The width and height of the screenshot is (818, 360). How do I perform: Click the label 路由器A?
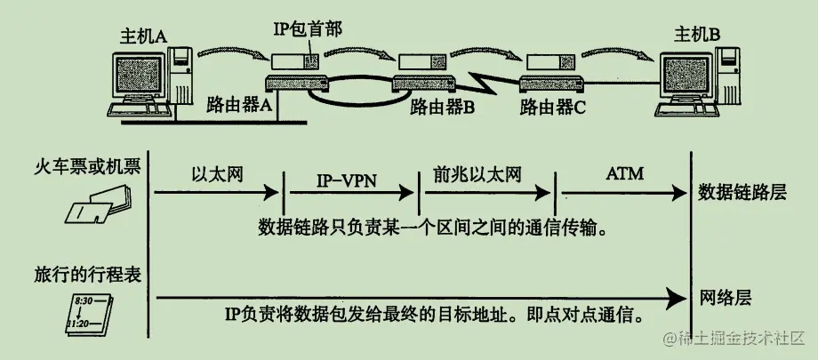tap(239, 105)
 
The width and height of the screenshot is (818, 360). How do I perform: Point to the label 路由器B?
tap(443, 108)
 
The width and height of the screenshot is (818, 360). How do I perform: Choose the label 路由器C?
tap(553, 108)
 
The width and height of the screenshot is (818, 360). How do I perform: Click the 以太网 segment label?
tap(212, 172)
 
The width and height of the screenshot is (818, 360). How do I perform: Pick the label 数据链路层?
tap(742, 192)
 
